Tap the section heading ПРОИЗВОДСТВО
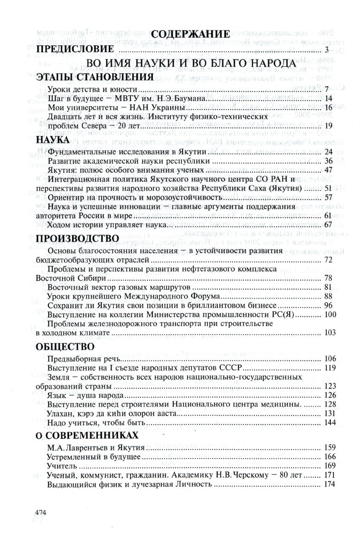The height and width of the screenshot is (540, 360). click(x=77, y=238)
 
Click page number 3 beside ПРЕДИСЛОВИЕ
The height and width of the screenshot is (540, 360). click(x=332, y=50)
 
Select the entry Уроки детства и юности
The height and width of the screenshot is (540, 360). click(x=93, y=89)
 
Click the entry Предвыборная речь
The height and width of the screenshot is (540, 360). click(x=84, y=359)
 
